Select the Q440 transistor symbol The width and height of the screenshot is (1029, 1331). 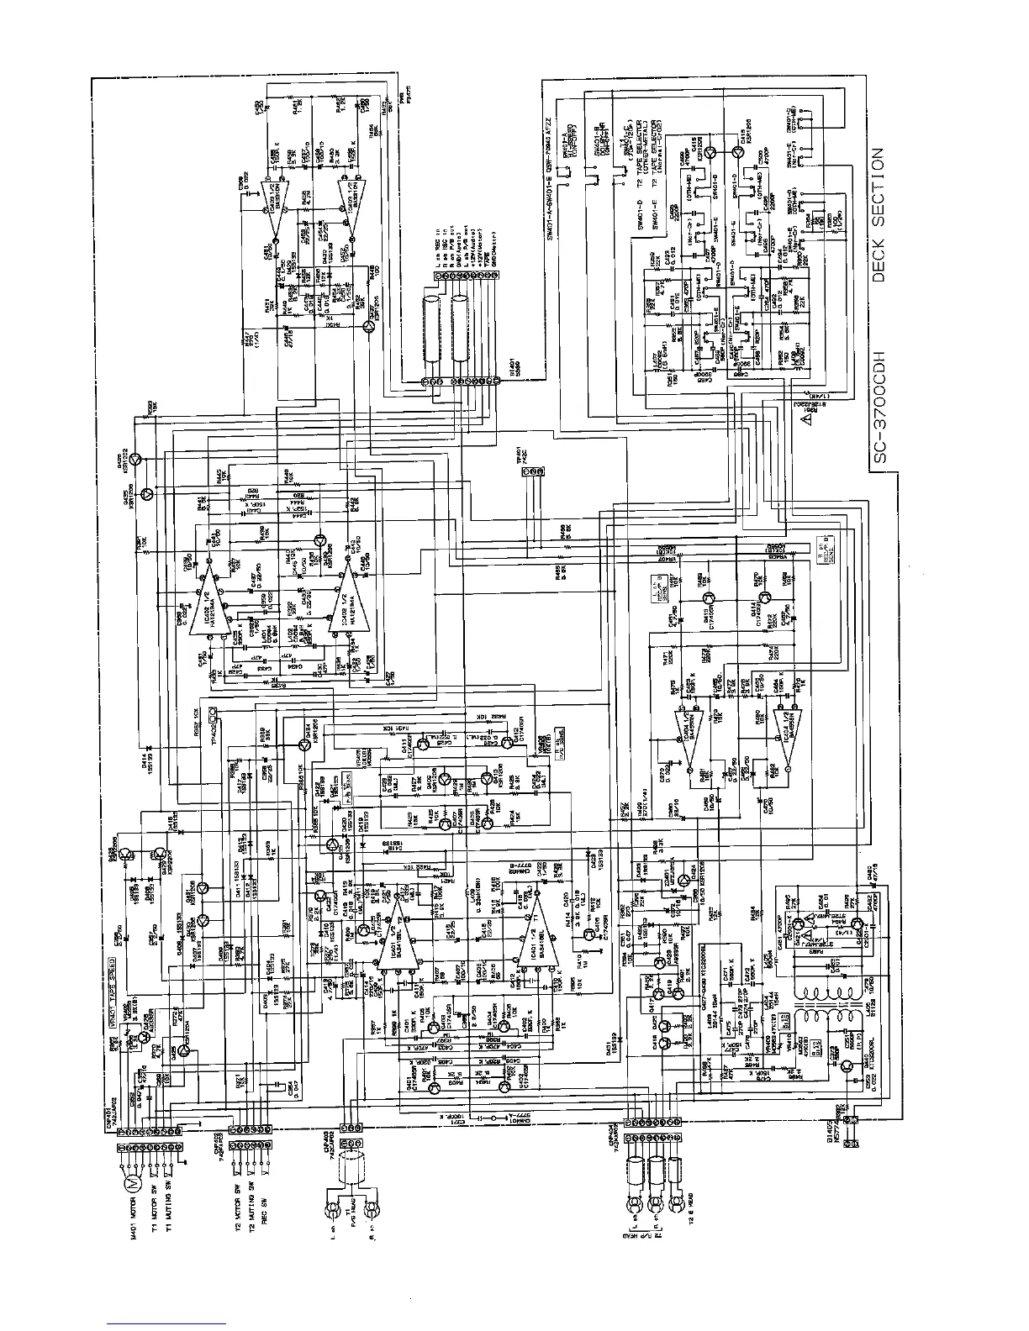(x=846, y=1065)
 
